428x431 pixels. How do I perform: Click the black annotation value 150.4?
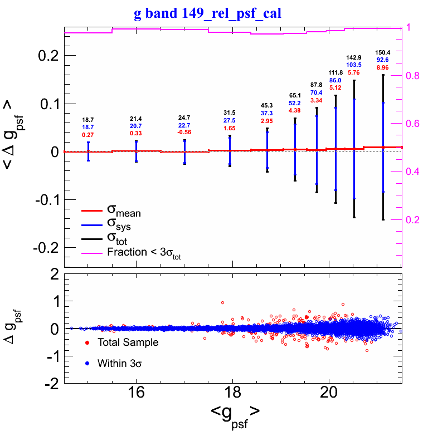[x=383, y=52]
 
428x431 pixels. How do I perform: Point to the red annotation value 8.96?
[x=383, y=67]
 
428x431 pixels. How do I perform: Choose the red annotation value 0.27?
[x=88, y=135]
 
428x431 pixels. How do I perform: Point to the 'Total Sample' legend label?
[x=128, y=342]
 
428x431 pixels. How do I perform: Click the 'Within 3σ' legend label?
[x=121, y=364]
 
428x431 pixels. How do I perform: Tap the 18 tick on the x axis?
[x=233, y=394]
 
